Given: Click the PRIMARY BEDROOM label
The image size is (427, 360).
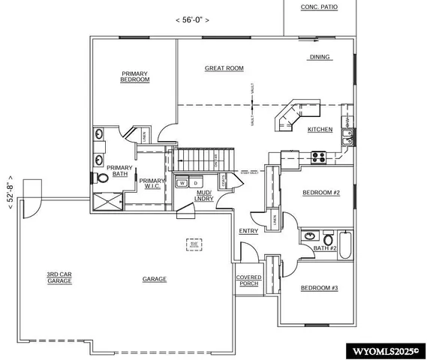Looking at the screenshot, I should pos(135,76).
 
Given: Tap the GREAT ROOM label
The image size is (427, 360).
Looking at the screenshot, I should pos(224,68).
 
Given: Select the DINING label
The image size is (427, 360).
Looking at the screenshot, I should pos(320,57).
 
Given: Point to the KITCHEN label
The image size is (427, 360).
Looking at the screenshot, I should pos(320,130).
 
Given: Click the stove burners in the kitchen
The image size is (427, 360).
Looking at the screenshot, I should pos(317,157).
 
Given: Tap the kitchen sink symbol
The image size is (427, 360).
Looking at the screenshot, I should pos(348,136).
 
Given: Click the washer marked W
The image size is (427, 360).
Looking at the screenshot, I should pos(181,182).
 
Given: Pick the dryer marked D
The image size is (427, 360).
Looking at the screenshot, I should pos(194,182).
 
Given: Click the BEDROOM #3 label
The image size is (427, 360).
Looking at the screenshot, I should pos(320,288).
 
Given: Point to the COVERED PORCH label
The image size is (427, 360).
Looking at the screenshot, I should pos(249,280).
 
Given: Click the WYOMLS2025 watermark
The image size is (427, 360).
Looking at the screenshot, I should pos(384,350).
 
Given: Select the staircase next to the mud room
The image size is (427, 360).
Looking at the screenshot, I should pos(204,159).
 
